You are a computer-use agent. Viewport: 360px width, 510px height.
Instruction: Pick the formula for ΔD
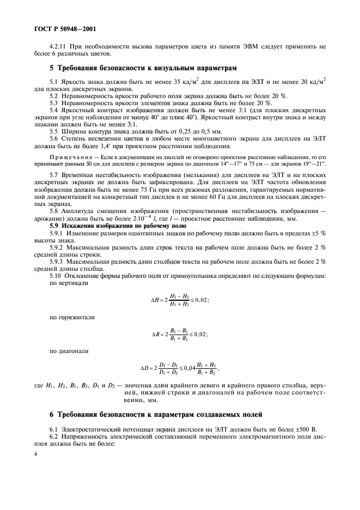click(x=180, y=368)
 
